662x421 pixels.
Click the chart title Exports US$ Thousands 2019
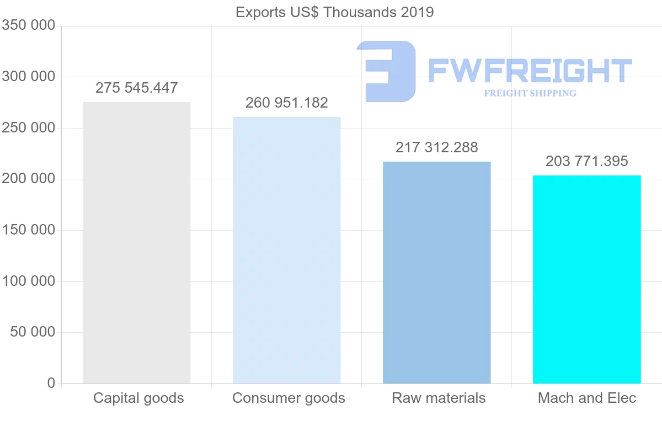[x=334, y=12]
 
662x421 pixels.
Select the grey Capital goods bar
[x=136, y=243]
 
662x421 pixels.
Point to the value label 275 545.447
[x=136, y=88]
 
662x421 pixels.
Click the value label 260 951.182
[x=286, y=103]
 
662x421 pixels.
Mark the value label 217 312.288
[x=436, y=147]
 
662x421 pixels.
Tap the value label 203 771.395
[x=586, y=161]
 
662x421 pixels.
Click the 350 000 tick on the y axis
[x=29, y=25]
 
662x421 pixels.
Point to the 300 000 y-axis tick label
[x=29, y=77]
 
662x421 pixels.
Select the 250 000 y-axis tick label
[x=29, y=128]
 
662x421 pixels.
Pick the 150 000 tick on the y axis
[x=29, y=230]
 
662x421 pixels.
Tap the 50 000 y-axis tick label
[x=33, y=332]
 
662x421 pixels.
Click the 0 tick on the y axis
[x=51, y=383]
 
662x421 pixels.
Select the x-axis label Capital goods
[x=138, y=398]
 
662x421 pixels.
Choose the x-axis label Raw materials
[x=439, y=398]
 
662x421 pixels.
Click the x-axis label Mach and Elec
[x=587, y=398]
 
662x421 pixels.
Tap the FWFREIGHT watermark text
[x=530, y=71]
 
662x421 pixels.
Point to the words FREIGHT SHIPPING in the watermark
[x=530, y=93]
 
